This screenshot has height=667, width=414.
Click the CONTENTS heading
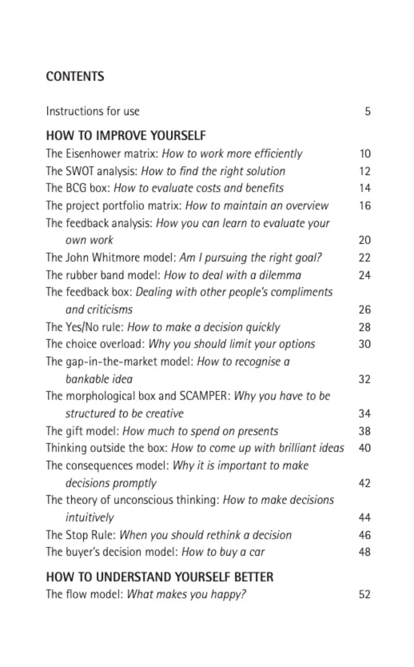point(75,76)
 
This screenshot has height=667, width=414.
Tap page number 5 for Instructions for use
point(367,111)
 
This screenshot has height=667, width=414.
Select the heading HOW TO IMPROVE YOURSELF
point(126,136)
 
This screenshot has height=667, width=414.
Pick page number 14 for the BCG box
point(364,188)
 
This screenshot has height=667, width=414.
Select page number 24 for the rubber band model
point(364,275)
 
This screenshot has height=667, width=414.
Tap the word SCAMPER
point(205,396)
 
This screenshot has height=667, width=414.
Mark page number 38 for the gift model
point(364,431)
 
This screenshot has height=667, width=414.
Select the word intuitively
point(90,518)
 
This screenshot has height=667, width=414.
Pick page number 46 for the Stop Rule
point(364,535)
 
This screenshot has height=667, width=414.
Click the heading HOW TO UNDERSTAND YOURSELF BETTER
point(160,577)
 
